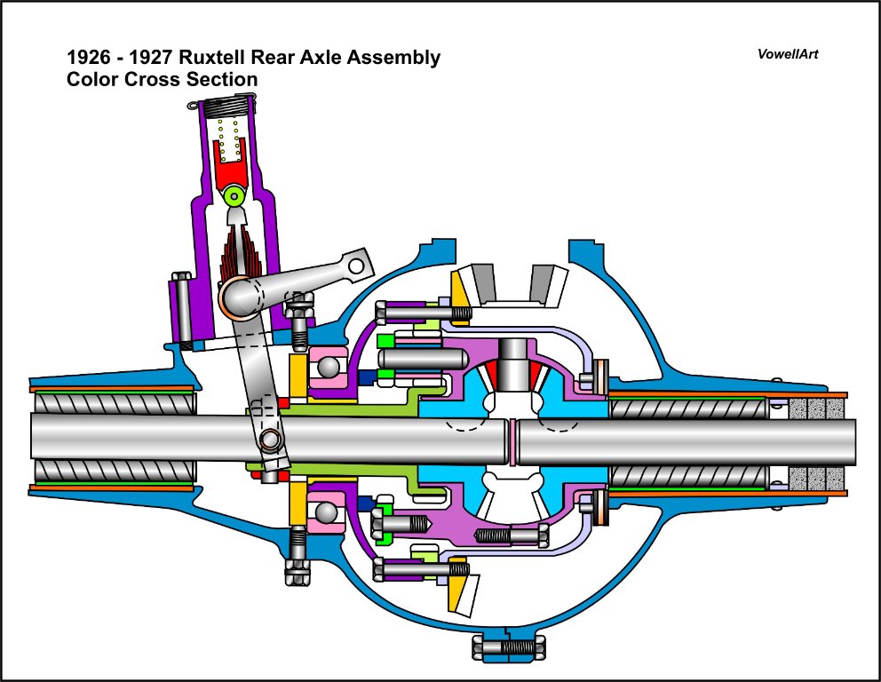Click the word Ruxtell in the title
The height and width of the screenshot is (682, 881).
217,59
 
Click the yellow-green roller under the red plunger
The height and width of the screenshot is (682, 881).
234,195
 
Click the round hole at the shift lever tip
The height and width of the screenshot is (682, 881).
356,265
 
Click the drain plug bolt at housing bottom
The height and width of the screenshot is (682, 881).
508,647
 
